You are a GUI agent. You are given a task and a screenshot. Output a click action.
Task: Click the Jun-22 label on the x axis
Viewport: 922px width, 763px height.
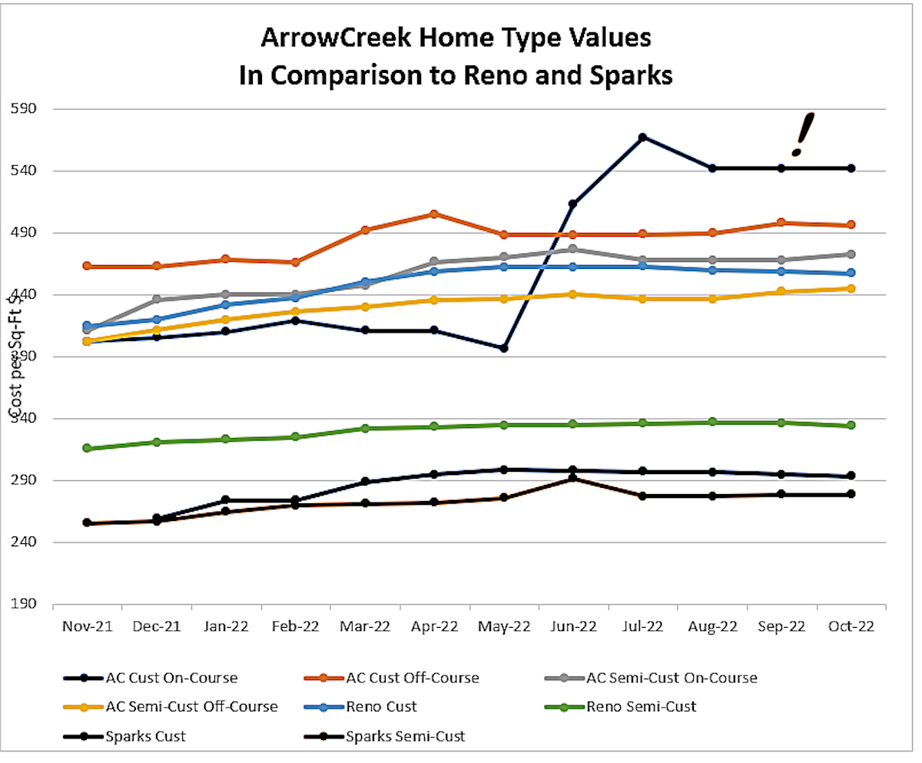tap(573, 627)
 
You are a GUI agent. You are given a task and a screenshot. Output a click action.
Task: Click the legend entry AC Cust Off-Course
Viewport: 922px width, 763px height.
tap(412, 678)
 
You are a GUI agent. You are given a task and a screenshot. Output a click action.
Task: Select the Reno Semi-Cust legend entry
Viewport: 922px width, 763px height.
tap(640, 706)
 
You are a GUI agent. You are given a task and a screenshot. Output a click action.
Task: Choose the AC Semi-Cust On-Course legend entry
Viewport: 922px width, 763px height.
tap(672, 678)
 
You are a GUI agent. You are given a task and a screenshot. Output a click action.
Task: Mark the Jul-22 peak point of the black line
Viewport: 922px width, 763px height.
tap(642, 138)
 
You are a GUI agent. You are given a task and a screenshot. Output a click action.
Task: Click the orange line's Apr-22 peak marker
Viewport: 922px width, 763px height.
tap(434, 214)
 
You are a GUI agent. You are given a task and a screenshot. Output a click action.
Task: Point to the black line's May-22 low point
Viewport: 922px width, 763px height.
tap(503, 348)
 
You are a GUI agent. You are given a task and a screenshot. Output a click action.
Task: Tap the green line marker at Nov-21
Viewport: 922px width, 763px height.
tap(87, 448)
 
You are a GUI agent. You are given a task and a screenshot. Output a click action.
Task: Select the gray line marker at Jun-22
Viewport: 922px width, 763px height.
tap(573, 249)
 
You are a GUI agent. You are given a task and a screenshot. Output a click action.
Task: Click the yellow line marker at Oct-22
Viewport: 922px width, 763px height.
tap(851, 288)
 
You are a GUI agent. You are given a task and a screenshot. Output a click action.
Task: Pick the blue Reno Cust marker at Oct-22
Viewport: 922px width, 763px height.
tap(851, 273)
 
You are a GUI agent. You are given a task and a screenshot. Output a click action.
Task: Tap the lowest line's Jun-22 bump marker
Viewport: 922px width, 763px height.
tap(573, 479)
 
